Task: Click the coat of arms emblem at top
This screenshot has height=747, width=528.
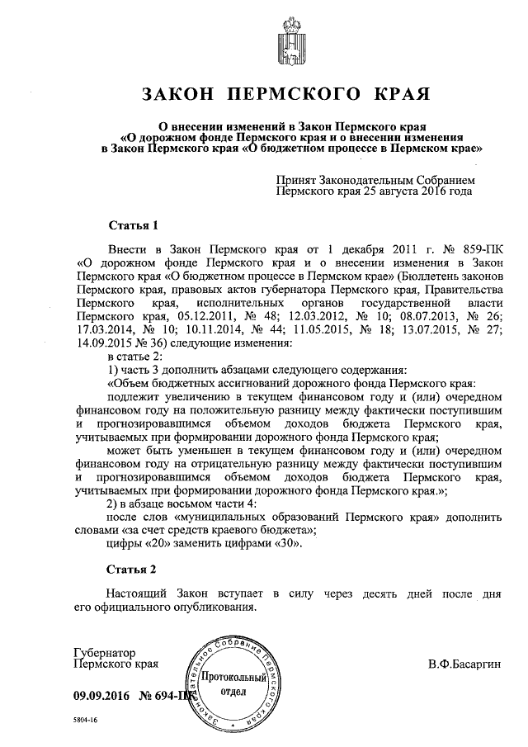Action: pyautogui.click(x=263, y=38)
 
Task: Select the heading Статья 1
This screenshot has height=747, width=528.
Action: pyautogui.click(x=131, y=225)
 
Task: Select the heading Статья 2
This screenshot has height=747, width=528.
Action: pyautogui.click(x=131, y=570)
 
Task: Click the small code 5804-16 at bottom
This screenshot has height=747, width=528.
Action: pyautogui.click(x=83, y=721)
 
